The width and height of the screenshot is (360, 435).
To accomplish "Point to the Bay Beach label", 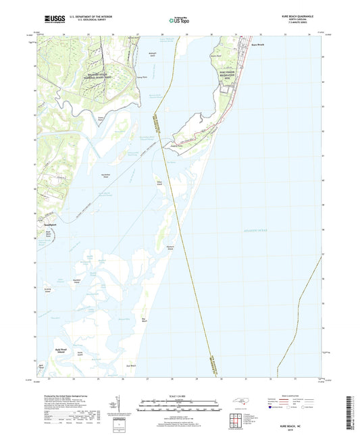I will [x=143, y=319].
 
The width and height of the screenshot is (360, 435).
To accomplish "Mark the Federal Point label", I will [x=177, y=144].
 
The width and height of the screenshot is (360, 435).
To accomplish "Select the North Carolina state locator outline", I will [x=244, y=405].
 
